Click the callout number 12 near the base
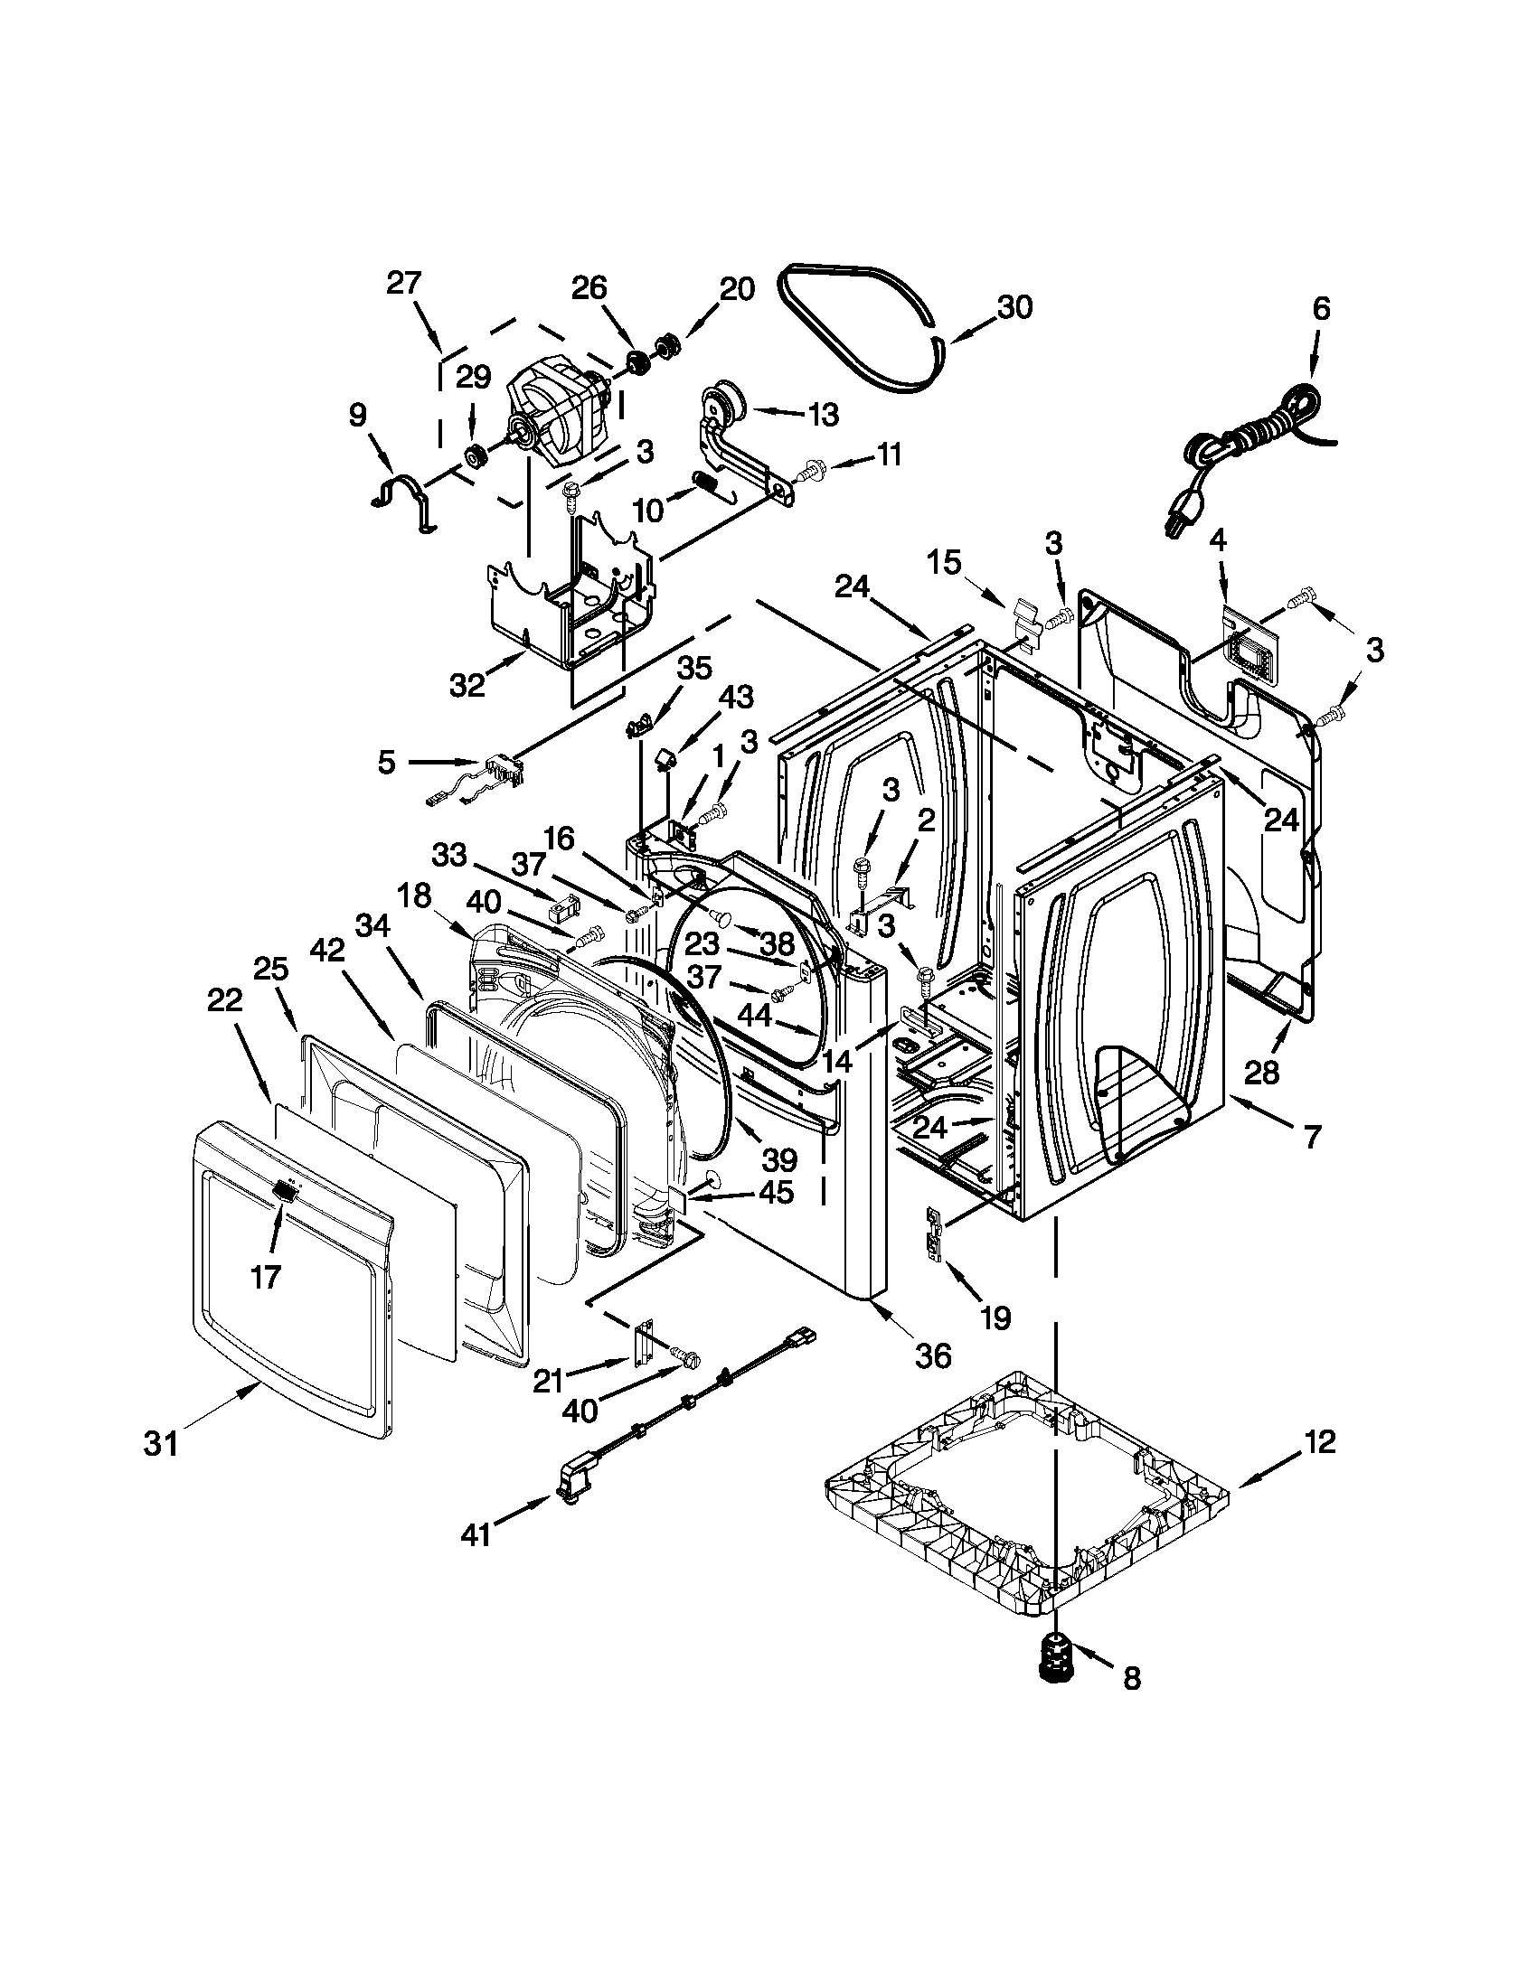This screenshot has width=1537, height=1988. pyautogui.click(x=1319, y=1442)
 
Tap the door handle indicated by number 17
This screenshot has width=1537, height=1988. pyautogui.click(x=285, y=1190)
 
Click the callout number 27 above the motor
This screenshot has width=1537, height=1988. pyautogui.click(x=403, y=283)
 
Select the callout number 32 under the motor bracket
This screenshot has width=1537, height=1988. pyautogui.click(x=467, y=687)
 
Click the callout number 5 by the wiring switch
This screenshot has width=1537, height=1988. pyautogui.click(x=387, y=762)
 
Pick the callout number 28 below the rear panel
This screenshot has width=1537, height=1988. pyautogui.click(x=1262, y=1074)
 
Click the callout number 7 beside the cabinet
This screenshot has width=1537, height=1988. pyautogui.click(x=1312, y=1136)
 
